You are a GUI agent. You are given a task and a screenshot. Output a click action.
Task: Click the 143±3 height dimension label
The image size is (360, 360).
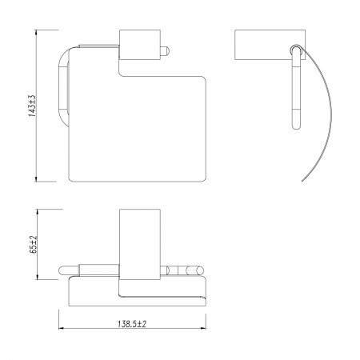(x=32, y=106)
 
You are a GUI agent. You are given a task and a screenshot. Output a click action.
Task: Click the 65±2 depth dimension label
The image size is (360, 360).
(x=34, y=244)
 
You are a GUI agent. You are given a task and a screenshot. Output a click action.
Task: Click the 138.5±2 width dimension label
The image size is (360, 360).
(x=132, y=324)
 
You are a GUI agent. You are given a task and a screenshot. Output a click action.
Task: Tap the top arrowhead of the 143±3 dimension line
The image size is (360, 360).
(x=36, y=33)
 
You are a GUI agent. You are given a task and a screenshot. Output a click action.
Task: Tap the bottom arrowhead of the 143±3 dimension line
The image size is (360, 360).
(x=36, y=178)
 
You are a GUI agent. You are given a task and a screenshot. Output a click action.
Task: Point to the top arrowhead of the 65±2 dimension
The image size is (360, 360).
(x=38, y=212)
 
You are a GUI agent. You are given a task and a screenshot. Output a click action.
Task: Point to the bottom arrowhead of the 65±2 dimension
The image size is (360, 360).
(x=38, y=277)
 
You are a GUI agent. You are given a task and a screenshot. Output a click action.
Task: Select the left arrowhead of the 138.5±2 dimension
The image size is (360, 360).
(x=62, y=328)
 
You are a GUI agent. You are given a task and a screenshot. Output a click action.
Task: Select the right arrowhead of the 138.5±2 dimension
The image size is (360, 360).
(x=202, y=328)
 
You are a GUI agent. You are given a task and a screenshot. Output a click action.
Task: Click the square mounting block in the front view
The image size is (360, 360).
(x=140, y=45)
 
